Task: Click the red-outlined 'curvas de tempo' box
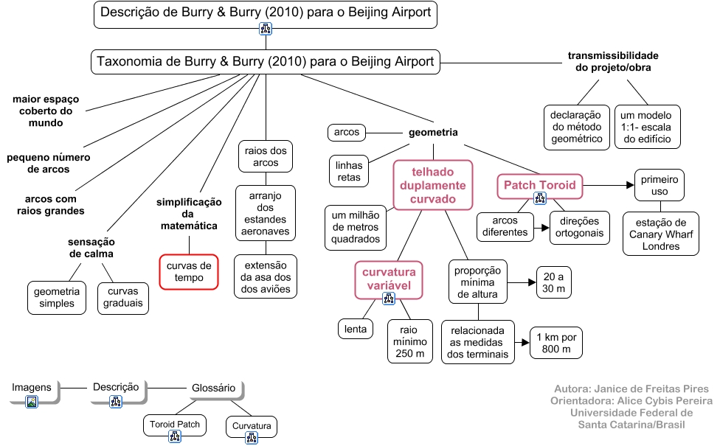point(189,272)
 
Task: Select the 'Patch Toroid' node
point(539,184)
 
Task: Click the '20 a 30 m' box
point(554,282)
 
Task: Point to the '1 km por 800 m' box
point(557,342)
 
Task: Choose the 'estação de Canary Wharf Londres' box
point(660,234)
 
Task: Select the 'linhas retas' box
point(349,172)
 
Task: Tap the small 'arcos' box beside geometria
point(347,133)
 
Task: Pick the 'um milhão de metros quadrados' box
point(356,226)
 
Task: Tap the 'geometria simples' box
point(54,298)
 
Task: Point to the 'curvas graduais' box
point(123,298)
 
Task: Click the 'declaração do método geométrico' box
point(577,127)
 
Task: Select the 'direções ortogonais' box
point(579,227)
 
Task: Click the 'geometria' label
point(433,133)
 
